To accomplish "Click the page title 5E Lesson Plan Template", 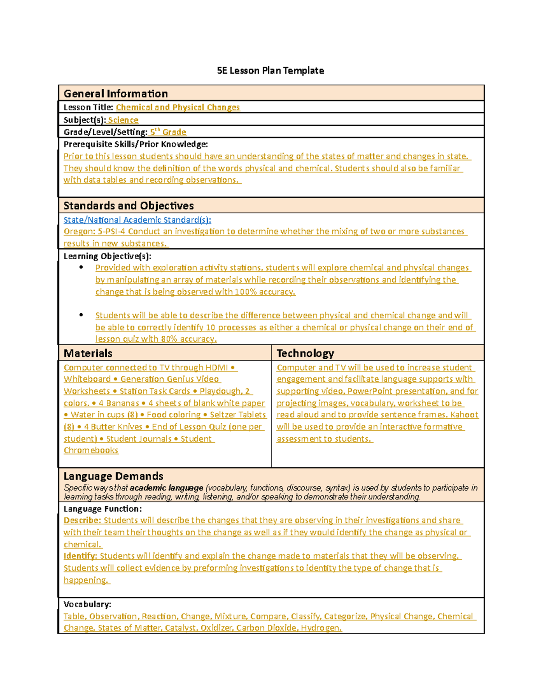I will coord(270,71).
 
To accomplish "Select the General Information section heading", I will coord(115,94).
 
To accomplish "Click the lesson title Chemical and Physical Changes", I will coord(178,107).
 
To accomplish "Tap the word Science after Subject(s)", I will coord(123,120).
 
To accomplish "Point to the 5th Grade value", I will coord(168,132).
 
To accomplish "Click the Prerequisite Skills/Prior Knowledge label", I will coord(135,144).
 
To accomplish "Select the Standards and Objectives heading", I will coord(128,206).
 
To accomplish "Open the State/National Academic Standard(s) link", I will coord(137,220).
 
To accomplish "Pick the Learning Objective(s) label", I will coord(107,256).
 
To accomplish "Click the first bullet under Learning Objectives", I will coord(81,267).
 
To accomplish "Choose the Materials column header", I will coord(88,353).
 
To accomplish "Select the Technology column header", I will coord(305,353).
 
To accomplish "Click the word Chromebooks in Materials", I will coord(91,450).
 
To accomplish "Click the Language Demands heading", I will coord(113,476).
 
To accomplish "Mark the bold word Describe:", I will coord(82,520).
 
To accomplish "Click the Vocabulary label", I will coord(87,604).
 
